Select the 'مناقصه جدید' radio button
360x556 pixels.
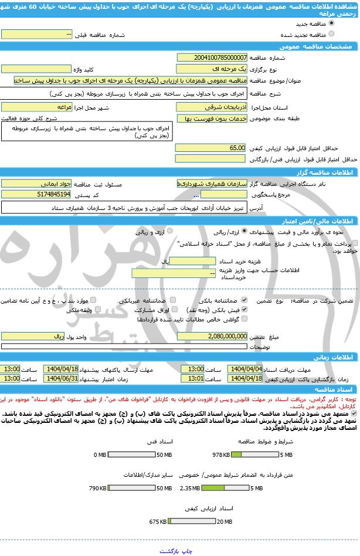coord(332,23)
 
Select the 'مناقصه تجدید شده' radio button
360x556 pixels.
coord(332,34)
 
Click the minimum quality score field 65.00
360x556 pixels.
coord(210,148)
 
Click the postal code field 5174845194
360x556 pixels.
coord(36,194)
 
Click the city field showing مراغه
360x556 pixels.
coord(36,108)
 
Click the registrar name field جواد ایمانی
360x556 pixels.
coord(36,184)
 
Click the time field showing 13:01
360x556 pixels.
coord(192,378)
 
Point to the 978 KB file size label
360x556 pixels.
coord(221,455)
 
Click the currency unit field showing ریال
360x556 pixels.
coord(36,336)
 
